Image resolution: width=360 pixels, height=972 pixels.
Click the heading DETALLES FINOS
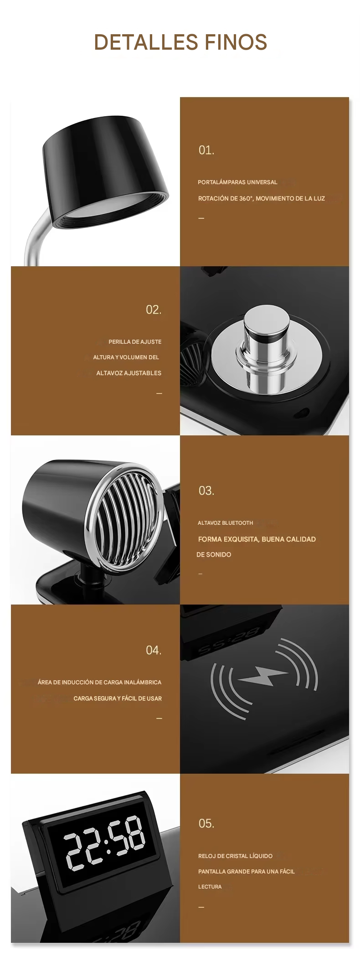[x=180, y=42]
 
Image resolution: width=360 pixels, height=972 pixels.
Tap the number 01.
[x=206, y=150]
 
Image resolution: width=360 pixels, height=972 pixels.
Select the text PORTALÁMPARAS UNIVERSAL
[x=237, y=182]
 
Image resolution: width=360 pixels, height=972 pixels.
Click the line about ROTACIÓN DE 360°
[x=262, y=198]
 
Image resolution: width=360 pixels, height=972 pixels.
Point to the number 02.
[x=154, y=310]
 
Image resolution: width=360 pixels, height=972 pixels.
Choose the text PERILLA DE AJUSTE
[x=135, y=342]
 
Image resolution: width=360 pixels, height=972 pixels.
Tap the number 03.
[x=206, y=491]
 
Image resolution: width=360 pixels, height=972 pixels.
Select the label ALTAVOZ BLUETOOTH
[x=225, y=523]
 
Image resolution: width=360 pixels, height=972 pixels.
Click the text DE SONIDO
[x=214, y=554]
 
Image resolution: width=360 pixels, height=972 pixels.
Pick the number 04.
[x=154, y=650]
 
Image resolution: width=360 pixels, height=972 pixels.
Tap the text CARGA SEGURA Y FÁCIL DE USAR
[x=118, y=698]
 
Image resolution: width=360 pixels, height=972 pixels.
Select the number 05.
[x=206, y=823]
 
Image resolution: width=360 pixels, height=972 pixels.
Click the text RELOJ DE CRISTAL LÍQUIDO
[x=235, y=856]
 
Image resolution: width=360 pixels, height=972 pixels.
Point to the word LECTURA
[x=210, y=887]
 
